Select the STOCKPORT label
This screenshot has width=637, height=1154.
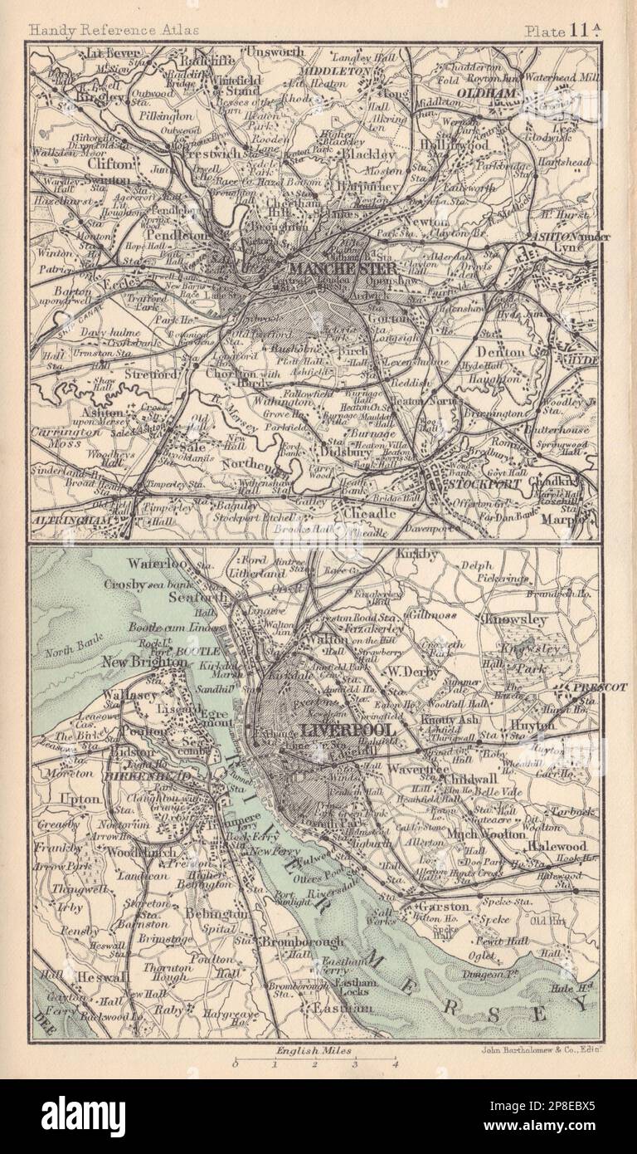pos(474,482)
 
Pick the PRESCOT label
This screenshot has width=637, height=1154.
pos(596,687)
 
